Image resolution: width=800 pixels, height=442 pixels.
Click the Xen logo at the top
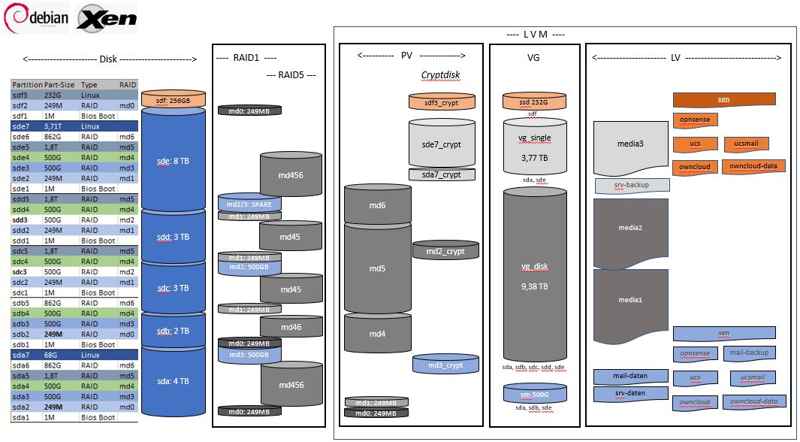coord(106,18)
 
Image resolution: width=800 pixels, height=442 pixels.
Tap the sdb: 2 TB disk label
coord(173,331)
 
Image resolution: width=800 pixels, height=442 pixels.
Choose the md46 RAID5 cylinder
coord(291,326)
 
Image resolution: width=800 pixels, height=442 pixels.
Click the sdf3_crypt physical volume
coord(442,102)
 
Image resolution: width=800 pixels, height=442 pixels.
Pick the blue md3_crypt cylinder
coord(445,365)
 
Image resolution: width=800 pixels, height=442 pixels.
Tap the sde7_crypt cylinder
coord(442,144)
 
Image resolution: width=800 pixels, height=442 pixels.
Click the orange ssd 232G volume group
coord(533,102)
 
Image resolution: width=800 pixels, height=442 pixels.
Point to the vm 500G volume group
coord(534,393)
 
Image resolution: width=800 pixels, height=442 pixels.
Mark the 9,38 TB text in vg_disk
coord(533,286)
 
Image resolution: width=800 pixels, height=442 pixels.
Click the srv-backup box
coord(631,185)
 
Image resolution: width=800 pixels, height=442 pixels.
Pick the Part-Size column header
coord(59,85)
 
